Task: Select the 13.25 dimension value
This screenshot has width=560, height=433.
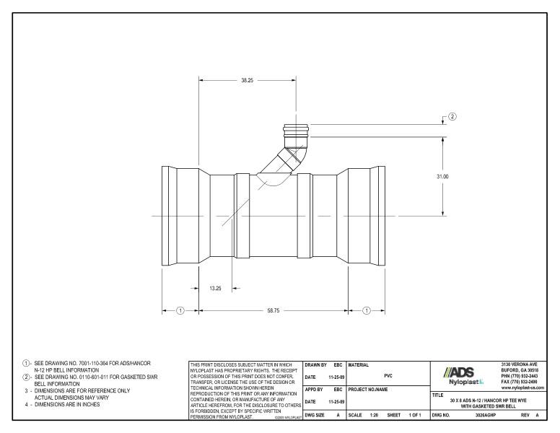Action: (x=215, y=288)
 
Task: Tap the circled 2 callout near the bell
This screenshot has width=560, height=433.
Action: (x=452, y=116)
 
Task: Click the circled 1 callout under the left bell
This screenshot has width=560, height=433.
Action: (x=180, y=310)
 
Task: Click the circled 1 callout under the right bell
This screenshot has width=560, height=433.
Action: (x=366, y=310)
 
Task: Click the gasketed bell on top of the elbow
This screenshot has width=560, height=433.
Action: (x=294, y=134)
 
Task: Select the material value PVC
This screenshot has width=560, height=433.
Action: (x=388, y=375)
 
